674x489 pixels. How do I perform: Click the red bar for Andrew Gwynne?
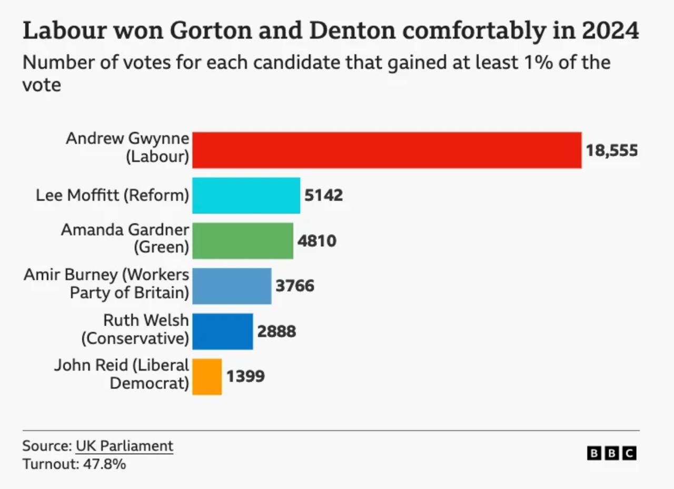pos(386,150)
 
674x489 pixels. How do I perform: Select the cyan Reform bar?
pos(246,195)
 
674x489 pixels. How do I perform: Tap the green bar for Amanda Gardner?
pos(242,241)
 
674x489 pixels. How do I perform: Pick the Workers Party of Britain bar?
pos(232,286)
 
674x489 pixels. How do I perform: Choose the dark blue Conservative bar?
pos(222,331)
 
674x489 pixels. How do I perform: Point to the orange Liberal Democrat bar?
pos(207,377)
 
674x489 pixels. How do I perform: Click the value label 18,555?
pos(612,151)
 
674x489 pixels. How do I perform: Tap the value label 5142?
pos(324,195)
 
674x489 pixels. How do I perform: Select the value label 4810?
pos(317,241)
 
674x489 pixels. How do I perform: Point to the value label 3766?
pos(295,286)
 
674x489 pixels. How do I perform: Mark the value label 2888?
pos(276,331)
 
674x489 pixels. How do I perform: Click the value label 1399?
pos(245,377)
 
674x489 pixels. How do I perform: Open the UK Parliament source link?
pos(124,446)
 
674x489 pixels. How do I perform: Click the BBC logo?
pos(611,453)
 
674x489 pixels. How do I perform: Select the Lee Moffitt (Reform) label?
pos(112,195)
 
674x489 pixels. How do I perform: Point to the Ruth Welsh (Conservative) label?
pos(135,329)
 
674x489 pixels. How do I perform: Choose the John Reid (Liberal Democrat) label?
pos(122,374)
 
